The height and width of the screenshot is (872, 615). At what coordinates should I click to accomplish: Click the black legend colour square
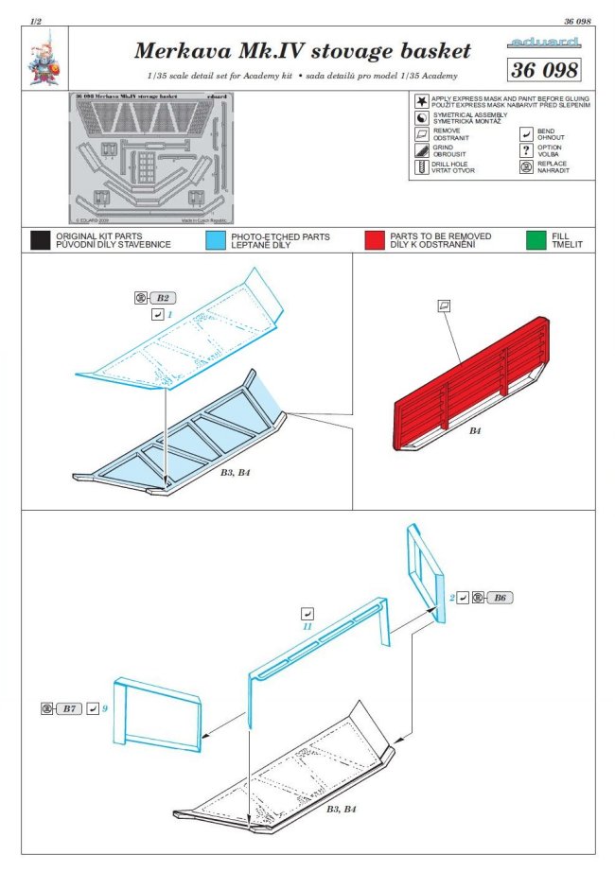[x=39, y=240]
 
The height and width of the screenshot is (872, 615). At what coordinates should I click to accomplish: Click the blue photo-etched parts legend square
[x=215, y=240]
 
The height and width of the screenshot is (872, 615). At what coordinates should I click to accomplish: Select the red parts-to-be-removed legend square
[x=375, y=240]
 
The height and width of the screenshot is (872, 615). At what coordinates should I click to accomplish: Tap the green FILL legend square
[x=536, y=240]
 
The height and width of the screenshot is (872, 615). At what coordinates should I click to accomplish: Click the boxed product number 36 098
[x=543, y=70]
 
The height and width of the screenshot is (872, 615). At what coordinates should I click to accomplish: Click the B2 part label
[x=163, y=298]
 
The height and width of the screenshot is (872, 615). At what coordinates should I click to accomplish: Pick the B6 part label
[x=501, y=598]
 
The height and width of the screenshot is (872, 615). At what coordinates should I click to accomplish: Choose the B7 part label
[x=69, y=707]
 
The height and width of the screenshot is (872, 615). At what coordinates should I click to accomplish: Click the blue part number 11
[x=307, y=627]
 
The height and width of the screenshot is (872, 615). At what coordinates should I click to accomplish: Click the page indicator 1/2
[x=35, y=21]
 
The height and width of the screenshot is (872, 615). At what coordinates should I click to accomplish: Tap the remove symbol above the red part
[x=444, y=305]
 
